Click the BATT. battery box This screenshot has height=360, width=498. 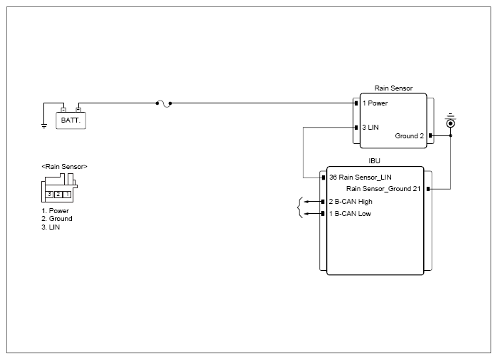click(x=71, y=120)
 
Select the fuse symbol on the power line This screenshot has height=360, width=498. click(x=164, y=104)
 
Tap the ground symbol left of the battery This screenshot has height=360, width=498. click(x=44, y=126)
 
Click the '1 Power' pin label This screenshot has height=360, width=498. click(x=375, y=103)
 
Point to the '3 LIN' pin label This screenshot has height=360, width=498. click(x=370, y=128)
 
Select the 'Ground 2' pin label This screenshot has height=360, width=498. click(x=409, y=136)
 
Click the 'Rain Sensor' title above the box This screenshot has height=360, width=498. click(x=393, y=88)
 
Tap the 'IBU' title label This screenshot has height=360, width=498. click(x=374, y=161)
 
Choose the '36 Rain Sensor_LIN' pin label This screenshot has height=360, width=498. click(x=360, y=178)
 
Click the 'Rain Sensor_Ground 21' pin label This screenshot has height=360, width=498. click(x=383, y=189)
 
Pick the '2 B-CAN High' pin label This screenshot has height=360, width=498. click(x=351, y=202)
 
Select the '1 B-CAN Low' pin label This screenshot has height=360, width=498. click(x=350, y=214)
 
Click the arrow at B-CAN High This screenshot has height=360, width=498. click(x=313, y=202)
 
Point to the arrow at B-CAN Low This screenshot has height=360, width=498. click(x=313, y=214)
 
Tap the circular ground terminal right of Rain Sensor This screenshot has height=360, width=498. click(x=450, y=123)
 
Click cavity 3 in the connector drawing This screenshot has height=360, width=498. click(x=49, y=194)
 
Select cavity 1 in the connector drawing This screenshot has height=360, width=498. click(x=67, y=194)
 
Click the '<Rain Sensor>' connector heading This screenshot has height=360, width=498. click(x=64, y=167)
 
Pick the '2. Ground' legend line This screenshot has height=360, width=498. click(x=57, y=219)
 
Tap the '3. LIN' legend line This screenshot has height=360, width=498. click(x=51, y=227)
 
